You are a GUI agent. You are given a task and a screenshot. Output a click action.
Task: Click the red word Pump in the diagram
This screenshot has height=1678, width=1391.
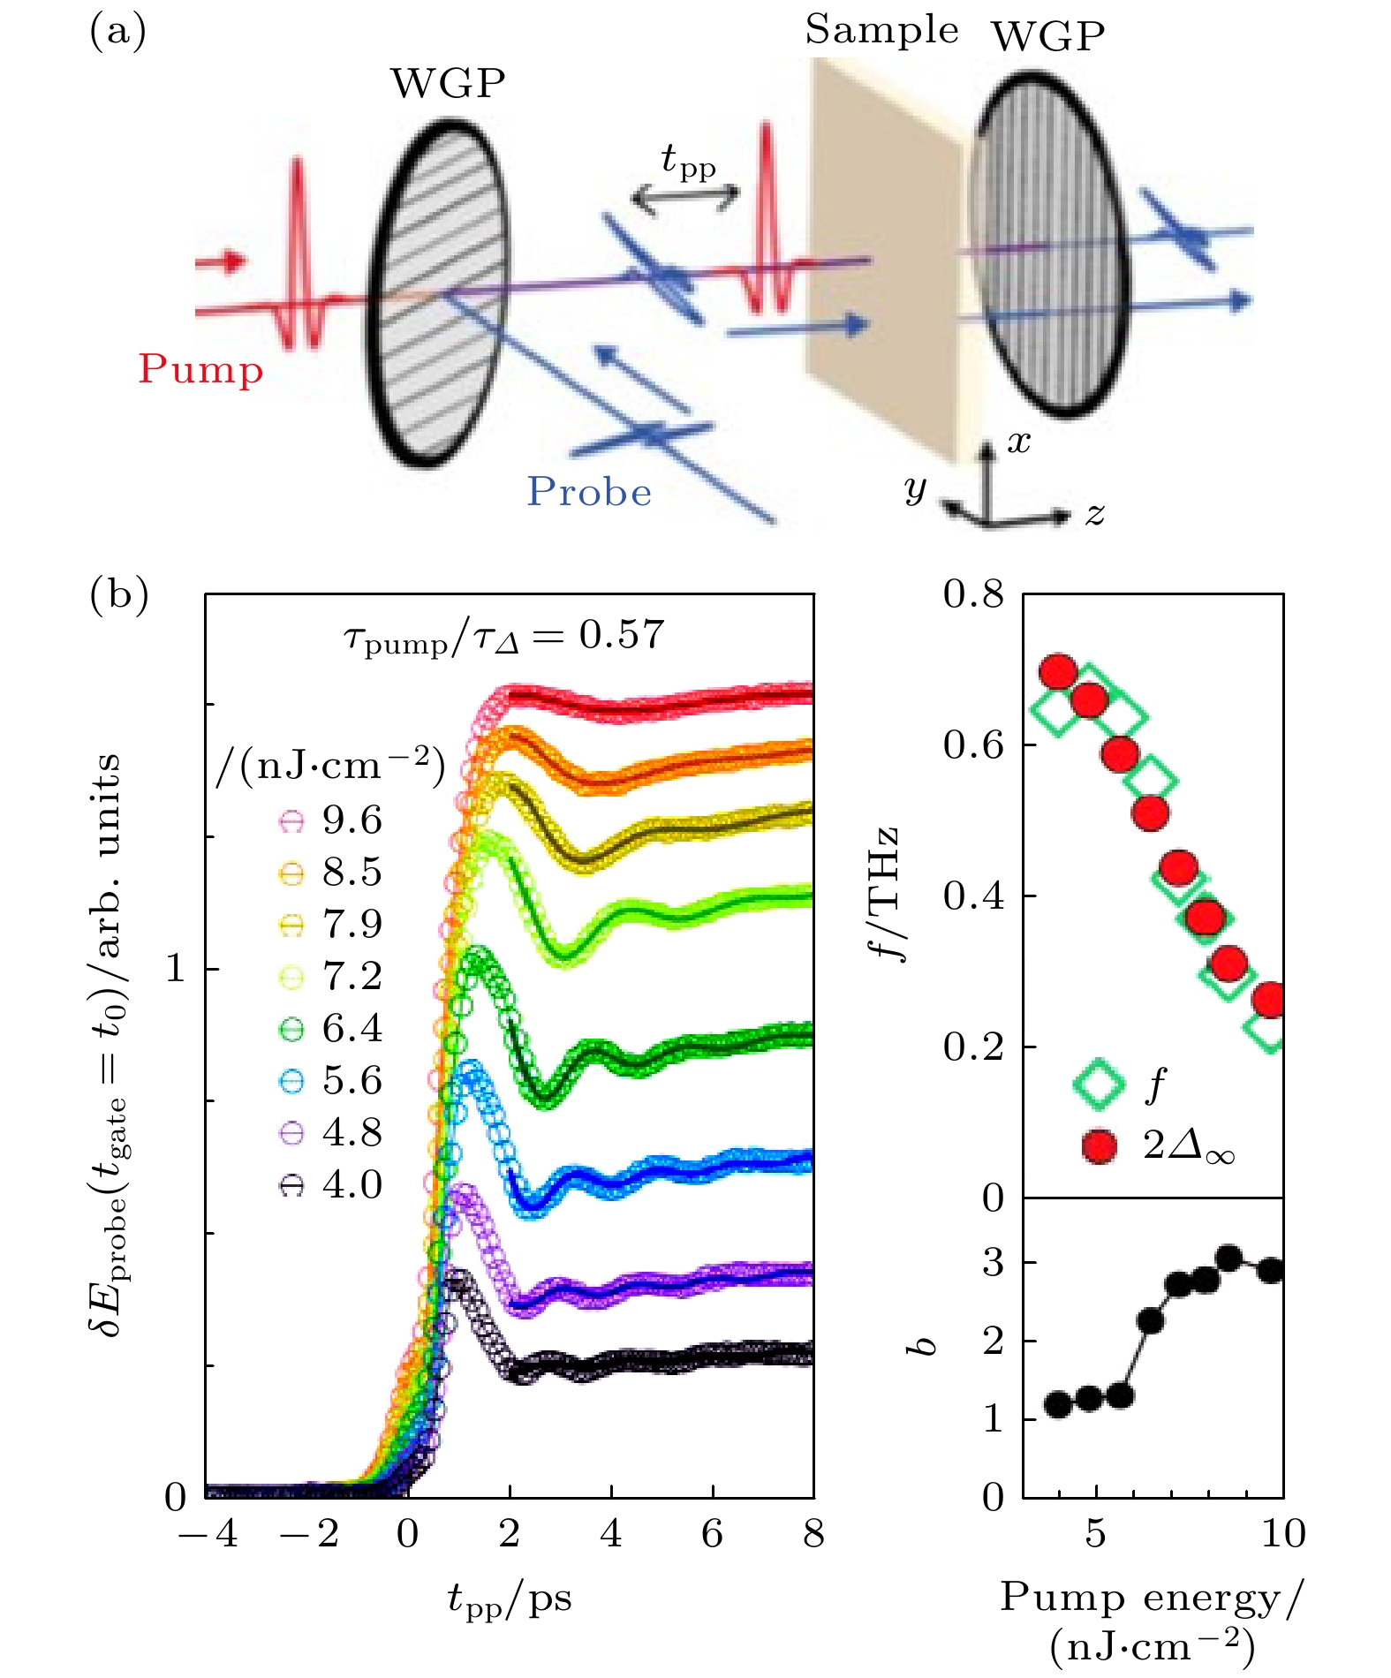click(x=200, y=369)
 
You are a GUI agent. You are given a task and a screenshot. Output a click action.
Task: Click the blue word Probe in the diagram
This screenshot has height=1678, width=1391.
click(x=589, y=492)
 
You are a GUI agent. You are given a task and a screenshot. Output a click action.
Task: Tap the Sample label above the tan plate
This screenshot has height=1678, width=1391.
click(x=881, y=31)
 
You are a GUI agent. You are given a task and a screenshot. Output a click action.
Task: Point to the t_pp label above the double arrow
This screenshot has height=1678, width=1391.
click(x=688, y=163)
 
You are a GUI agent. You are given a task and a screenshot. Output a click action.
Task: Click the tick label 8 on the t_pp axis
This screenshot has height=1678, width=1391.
click(x=813, y=1533)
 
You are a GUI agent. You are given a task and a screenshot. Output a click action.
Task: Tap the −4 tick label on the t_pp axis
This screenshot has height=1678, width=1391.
click(x=208, y=1533)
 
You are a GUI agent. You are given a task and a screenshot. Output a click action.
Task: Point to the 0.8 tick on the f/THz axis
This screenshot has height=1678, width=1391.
click(x=973, y=594)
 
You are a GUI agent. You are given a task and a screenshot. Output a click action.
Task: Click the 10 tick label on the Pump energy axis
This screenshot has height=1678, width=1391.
click(x=1282, y=1533)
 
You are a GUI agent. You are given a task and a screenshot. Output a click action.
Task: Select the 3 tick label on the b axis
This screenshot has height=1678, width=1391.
click(x=994, y=1263)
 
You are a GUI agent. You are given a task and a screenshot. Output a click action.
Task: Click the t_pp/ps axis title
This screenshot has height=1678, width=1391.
click(x=510, y=1599)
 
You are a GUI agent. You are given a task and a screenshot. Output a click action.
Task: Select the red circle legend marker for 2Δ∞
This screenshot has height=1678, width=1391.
click(x=1099, y=1145)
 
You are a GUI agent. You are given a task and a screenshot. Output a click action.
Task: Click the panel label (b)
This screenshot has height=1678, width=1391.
click(x=119, y=594)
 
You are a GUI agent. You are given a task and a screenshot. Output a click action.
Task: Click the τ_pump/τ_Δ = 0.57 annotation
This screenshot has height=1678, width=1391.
click(x=503, y=636)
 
